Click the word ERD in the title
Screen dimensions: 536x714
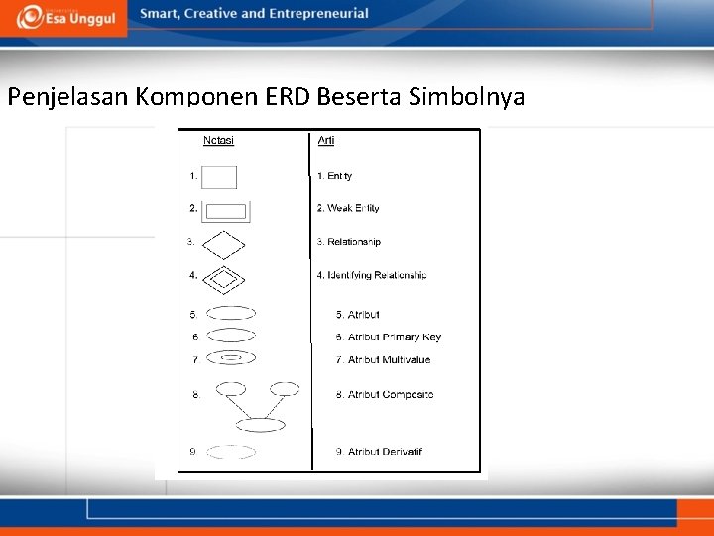(285, 97)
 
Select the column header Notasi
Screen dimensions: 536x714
(218, 140)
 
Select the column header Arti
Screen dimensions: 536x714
(326, 140)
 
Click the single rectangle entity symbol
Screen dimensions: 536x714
(219, 177)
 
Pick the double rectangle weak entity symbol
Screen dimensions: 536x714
(226, 210)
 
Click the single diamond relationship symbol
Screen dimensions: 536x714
(223, 243)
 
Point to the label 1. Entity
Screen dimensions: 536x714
(334, 176)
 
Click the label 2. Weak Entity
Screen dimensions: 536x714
(348, 208)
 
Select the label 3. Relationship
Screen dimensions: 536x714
(348, 242)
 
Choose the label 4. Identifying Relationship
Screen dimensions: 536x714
(372, 275)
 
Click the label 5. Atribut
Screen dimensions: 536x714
(357, 315)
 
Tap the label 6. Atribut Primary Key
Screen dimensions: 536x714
(388, 337)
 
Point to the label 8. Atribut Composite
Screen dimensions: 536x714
(384, 395)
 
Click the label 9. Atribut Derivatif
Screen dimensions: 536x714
(379, 452)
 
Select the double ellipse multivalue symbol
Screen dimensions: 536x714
(231, 357)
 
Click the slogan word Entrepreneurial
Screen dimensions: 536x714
(316, 14)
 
